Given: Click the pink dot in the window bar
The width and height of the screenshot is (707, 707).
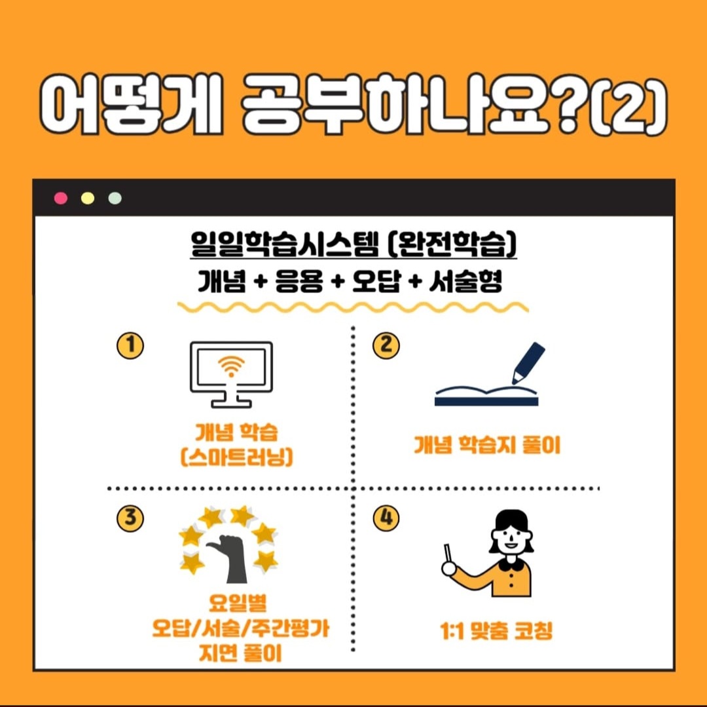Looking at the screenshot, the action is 60,198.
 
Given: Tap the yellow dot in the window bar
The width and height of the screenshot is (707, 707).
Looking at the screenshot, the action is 88,198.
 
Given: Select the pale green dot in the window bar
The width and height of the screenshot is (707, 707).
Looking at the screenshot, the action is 115,198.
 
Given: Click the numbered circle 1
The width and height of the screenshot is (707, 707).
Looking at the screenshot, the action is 130,345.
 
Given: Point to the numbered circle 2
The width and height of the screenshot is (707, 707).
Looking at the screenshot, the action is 386,345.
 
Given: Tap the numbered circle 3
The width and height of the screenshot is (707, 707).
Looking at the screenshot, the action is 130,518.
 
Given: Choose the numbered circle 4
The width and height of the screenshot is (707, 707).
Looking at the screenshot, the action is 386,518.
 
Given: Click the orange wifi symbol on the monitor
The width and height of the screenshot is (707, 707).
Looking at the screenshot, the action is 231,366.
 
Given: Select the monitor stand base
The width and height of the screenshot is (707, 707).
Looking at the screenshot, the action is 231,404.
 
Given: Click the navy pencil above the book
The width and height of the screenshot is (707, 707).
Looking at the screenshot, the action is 528,363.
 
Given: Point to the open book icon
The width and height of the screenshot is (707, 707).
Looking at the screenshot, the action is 486,396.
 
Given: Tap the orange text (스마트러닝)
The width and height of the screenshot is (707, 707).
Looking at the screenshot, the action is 237,457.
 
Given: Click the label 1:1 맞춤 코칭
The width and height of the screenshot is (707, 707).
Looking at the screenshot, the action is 496,631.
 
